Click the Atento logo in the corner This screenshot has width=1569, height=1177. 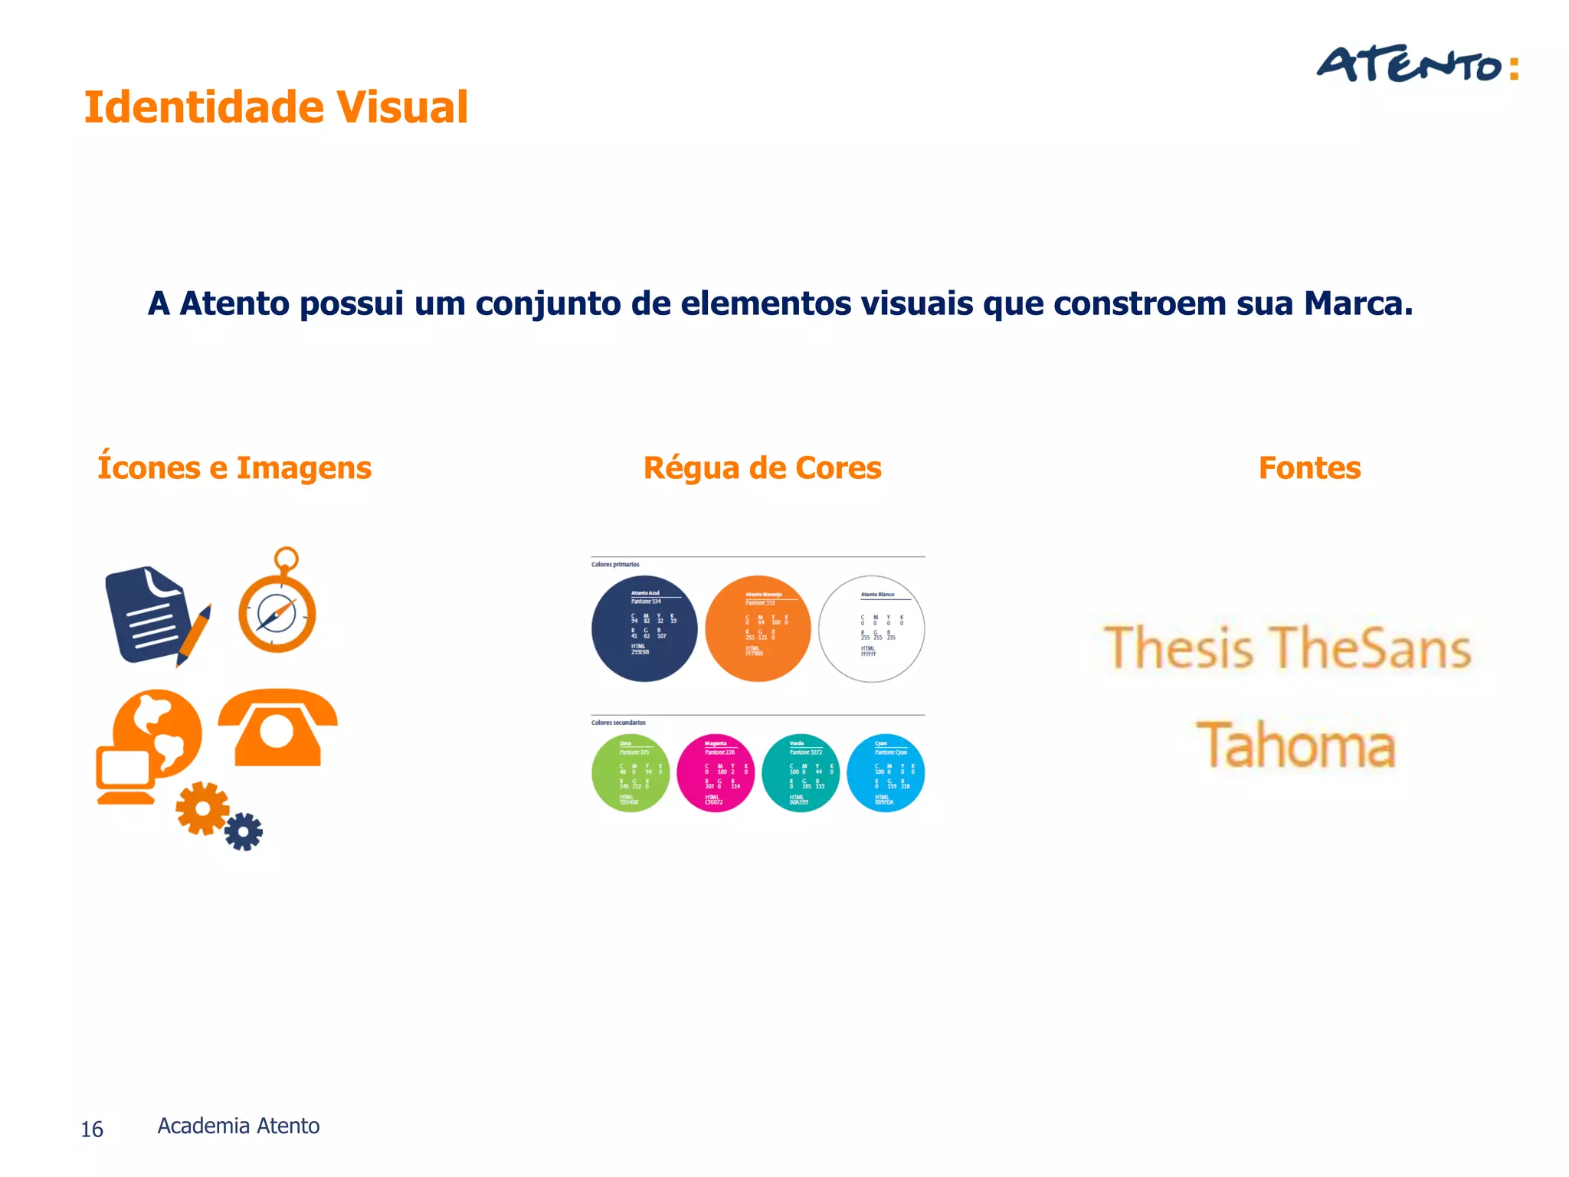[1417, 64]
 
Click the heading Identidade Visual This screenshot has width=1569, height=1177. [276, 107]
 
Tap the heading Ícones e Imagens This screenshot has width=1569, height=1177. [234, 467]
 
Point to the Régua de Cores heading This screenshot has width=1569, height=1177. [762, 467]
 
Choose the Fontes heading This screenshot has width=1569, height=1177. [1309, 467]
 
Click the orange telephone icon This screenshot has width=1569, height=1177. [277, 726]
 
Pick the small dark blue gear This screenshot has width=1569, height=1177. [244, 831]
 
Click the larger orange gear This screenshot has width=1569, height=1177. [202, 808]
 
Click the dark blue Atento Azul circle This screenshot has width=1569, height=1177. [644, 628]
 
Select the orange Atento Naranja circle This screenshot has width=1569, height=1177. [758, 628]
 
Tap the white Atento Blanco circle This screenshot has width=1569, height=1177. [871, 628]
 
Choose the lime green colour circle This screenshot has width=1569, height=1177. [631, 773]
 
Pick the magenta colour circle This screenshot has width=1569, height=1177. [716, 773]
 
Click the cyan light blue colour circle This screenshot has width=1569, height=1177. [886, 773]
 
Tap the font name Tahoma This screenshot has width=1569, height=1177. [1296, 745]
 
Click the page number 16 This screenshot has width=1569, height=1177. [92, 1129]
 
